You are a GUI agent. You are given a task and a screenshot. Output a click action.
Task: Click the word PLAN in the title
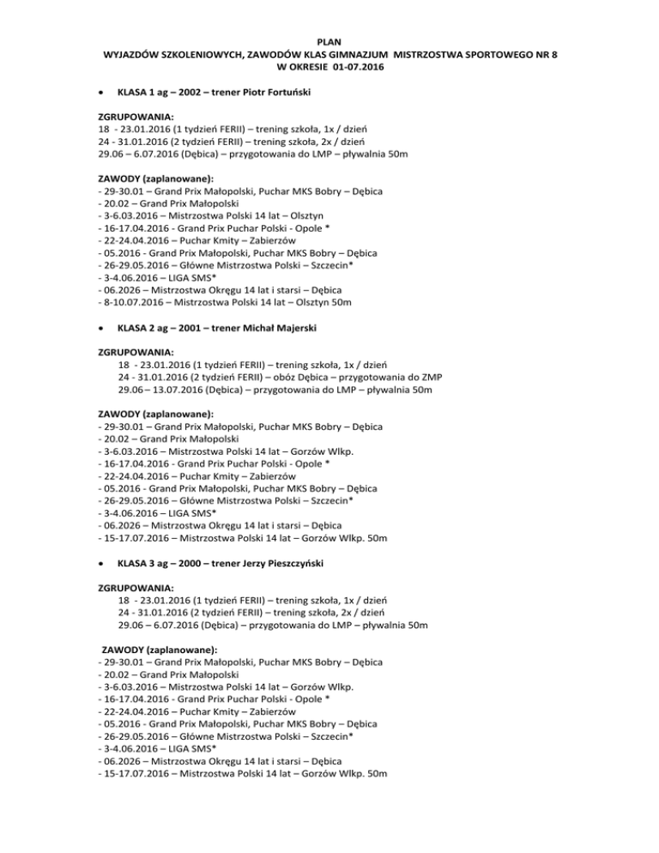click(x=329, y=40)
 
